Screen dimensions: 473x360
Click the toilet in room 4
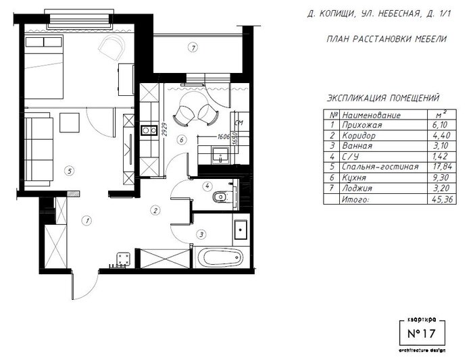coord(220,197)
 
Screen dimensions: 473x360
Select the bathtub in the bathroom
coord(223,258)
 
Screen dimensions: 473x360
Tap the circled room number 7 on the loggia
coord(193,47)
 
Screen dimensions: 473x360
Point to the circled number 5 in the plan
coord(70,172)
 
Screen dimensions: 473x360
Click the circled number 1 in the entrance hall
coord(87,221)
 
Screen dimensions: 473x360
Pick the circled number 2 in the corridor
coord(155,210)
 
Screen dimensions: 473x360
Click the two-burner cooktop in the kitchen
coord(149,130)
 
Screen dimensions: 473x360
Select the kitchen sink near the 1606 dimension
coord(220,155)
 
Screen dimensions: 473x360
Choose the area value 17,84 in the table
coord(442,167)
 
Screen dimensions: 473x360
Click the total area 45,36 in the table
coord(443,199)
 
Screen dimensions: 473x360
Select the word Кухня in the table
coord(354,178)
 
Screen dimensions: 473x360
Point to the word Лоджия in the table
coord(357,188)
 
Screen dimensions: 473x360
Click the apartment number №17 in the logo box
coord(422,334)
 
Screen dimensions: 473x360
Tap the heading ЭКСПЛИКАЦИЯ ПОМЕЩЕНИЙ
coord(383,99)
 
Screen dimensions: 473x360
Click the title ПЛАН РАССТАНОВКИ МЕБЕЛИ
coord(387,39)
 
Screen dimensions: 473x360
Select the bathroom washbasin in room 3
coord(241,230)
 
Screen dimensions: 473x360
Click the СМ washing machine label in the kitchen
coord(239,123)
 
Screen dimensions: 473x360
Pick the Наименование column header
coord(372,115)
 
